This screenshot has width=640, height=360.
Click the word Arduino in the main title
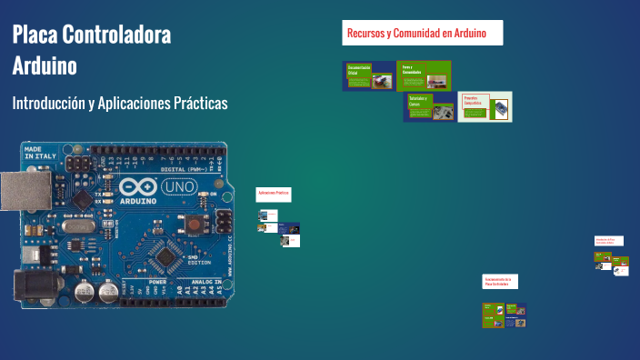[45, 66]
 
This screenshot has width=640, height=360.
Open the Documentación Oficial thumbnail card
[369, 76]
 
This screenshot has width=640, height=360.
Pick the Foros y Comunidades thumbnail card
[425, 76]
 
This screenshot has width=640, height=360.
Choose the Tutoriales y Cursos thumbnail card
[430, 107]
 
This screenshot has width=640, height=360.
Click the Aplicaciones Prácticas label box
[273, 194]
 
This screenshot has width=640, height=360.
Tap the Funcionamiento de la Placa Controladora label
[499, 281]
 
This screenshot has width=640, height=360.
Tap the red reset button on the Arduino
[194, 224]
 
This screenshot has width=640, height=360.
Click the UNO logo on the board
[176, 188]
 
